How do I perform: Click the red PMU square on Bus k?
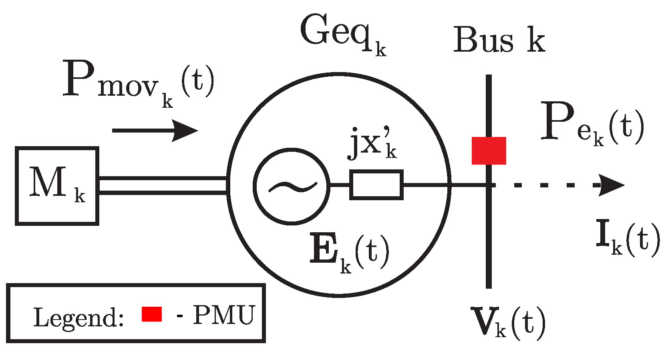point(489,151)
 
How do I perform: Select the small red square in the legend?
point(152,314)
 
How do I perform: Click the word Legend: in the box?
point(78,318)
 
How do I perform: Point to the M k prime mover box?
point(57,186)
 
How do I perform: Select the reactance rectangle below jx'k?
point(376,185)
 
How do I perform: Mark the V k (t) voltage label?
point(508,322)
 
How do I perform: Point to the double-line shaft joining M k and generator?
point(163,186)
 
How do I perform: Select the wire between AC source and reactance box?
point(340,185)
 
